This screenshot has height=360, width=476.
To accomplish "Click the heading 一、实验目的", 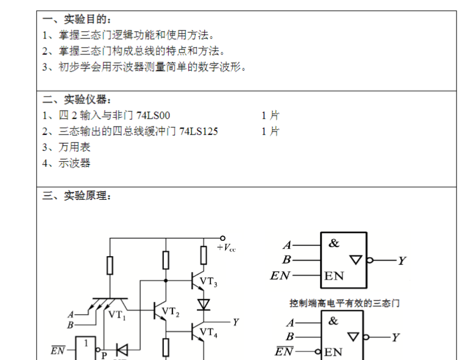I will (x=77, y=20).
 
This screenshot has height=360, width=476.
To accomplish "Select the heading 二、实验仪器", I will (x=77, y=100).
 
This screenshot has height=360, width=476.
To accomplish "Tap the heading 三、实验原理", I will (x=77, y=196).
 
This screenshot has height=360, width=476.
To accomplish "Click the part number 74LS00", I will (x=154, y=116).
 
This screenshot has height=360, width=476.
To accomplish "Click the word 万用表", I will (x=75, y=147).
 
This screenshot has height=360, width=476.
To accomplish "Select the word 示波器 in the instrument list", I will (x=75, y=163).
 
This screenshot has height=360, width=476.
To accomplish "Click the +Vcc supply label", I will (x=226, y=248).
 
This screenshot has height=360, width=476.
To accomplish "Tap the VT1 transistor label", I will (x=117, y=315).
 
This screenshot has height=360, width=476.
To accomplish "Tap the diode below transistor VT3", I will (x=204, y=304).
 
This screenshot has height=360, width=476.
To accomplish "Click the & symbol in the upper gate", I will (x=333, y=243).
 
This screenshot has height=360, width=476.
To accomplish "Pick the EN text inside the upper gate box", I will (x=334, y=276).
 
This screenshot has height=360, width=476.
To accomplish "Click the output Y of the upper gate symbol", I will (x=401, y=261).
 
